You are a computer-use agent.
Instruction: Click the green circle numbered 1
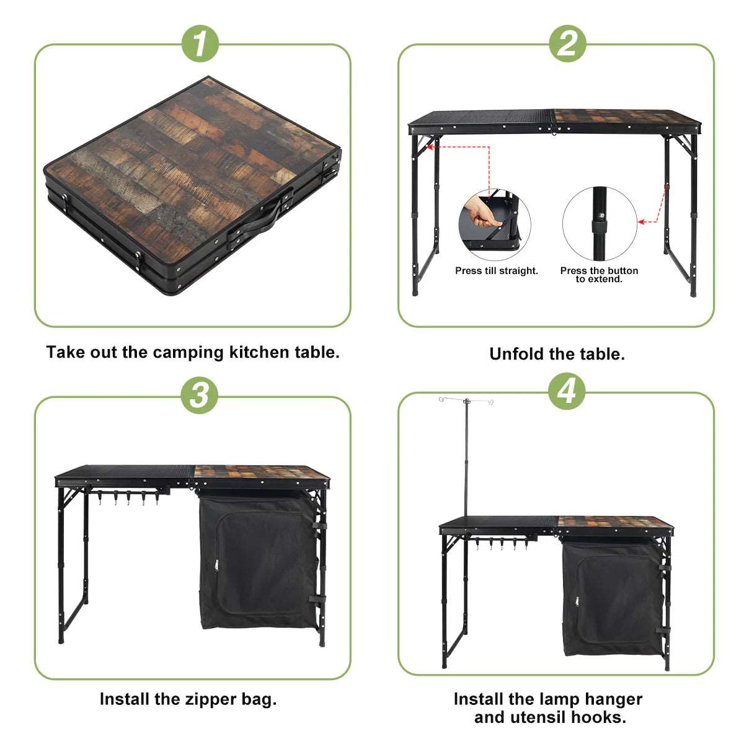pos(200,45)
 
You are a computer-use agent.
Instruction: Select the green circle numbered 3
pos(200,395)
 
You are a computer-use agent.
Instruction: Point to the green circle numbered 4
pos(567,392)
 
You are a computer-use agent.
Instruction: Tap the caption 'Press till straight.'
pos(497,271)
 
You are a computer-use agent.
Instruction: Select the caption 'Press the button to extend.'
pos(599,275)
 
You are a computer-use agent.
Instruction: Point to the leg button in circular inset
pos(600,216)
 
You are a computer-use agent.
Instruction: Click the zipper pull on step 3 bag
pos(216,564)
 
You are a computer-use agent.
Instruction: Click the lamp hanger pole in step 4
pos(465,459)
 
